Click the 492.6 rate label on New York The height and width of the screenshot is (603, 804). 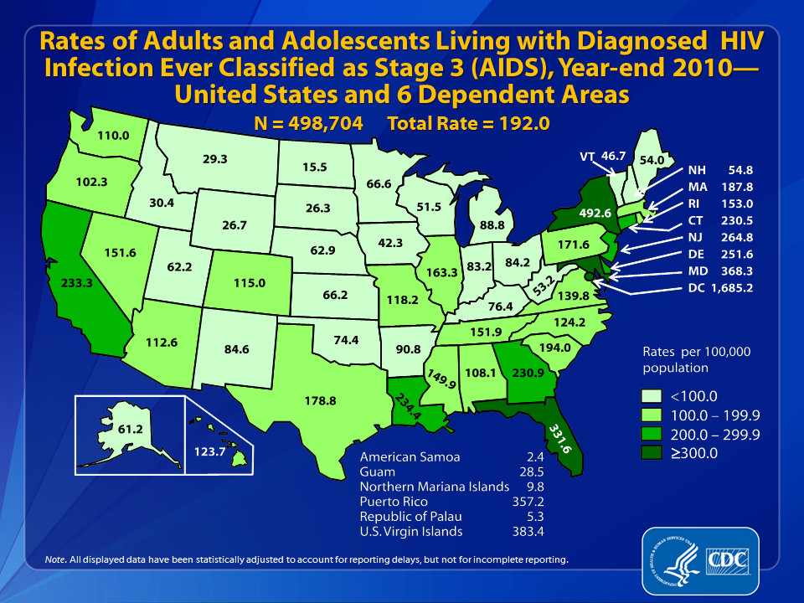click(x=595, y=212)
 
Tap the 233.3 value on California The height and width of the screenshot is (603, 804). click(x=77, y=282)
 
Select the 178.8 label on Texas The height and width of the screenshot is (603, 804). click(x=321, y=400)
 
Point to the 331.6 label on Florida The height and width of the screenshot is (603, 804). click(x=560, y=439)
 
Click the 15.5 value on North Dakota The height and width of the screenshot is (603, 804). click(x=315, y=167)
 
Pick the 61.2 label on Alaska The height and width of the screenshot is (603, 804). click(x=131, y=428)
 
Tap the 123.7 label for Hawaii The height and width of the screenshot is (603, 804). click(x=210, y=451)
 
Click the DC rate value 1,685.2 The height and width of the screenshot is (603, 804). click(x=732, y=287)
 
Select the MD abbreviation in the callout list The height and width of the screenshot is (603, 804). click(x=698, y=271)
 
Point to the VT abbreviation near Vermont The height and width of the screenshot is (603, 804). click(x=587, y=157)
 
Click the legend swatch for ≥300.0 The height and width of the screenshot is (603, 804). click(x=650, y=453)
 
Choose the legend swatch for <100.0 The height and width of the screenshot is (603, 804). click(x=650, y=396)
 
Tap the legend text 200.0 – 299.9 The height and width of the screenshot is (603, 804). click(x=715, y=435)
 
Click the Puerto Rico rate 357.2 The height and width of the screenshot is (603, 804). click(x=528, y=502)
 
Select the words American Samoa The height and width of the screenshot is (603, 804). click(x=410, y=457)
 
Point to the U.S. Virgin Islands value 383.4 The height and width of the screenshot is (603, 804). click(x=528, y=531)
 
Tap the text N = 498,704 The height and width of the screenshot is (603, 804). click(x=308, y=124)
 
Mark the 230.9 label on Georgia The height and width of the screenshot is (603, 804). click(x=528, y=373)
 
